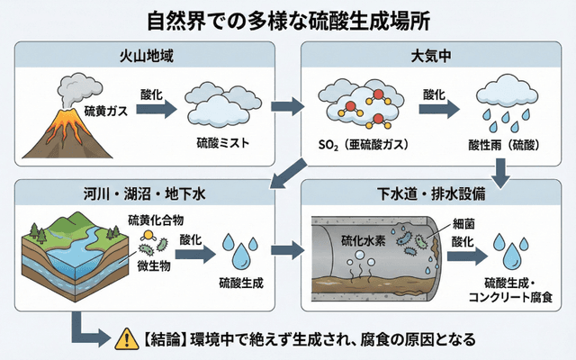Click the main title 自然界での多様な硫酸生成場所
click(x=288, y=20)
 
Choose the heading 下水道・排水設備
click(x=432, y=192)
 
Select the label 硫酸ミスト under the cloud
click(x=222, y=142)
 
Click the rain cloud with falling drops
click(x=505, y=103)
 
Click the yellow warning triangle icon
click(x=123, y=340)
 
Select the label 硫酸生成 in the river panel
click(x=241, y=283)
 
